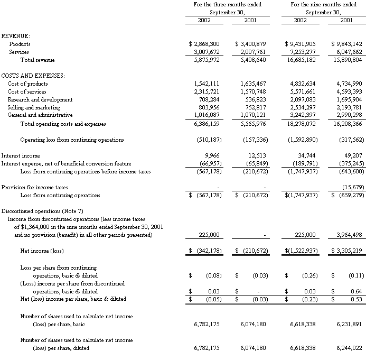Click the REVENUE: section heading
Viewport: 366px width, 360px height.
point(16,35)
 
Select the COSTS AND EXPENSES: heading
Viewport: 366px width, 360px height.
point(33,76)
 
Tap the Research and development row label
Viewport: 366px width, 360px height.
point(40,99)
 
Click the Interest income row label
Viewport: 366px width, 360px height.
point(19,156)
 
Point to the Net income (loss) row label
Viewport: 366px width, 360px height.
point(42,251)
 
